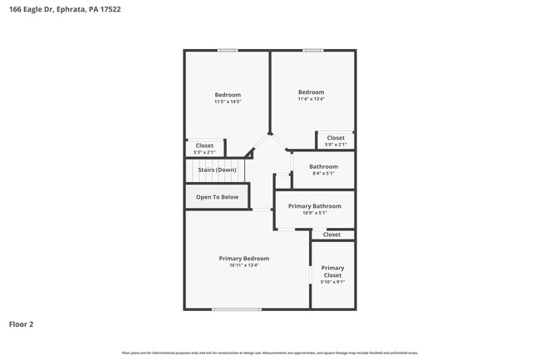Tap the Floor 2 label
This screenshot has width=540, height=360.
coord(22,324)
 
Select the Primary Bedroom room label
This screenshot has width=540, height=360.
coord(243,259)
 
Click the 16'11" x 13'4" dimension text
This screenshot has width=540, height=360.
coord(243,266)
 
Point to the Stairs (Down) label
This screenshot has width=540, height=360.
coord(216,170)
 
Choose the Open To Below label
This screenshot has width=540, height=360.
coord(217,197)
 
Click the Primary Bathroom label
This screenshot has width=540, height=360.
coord(314,205)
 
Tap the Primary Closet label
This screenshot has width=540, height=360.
coord(332,271)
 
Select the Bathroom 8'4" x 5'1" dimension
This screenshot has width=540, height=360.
coord(323,174)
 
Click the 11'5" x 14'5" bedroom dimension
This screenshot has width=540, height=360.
coord(228,101)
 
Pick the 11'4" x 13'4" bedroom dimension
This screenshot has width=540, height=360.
coord(311,99)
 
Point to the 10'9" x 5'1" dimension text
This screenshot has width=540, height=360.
coord(314,213)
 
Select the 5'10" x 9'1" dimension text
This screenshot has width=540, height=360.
coord(332,282)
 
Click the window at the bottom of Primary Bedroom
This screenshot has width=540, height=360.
coord(236,309)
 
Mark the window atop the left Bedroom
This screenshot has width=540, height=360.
coord(228,51)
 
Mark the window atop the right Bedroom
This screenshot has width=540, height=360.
coord(312,51)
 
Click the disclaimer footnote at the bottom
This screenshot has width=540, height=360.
coord(270,353)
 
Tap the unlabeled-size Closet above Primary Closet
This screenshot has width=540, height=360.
coord(331,234)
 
